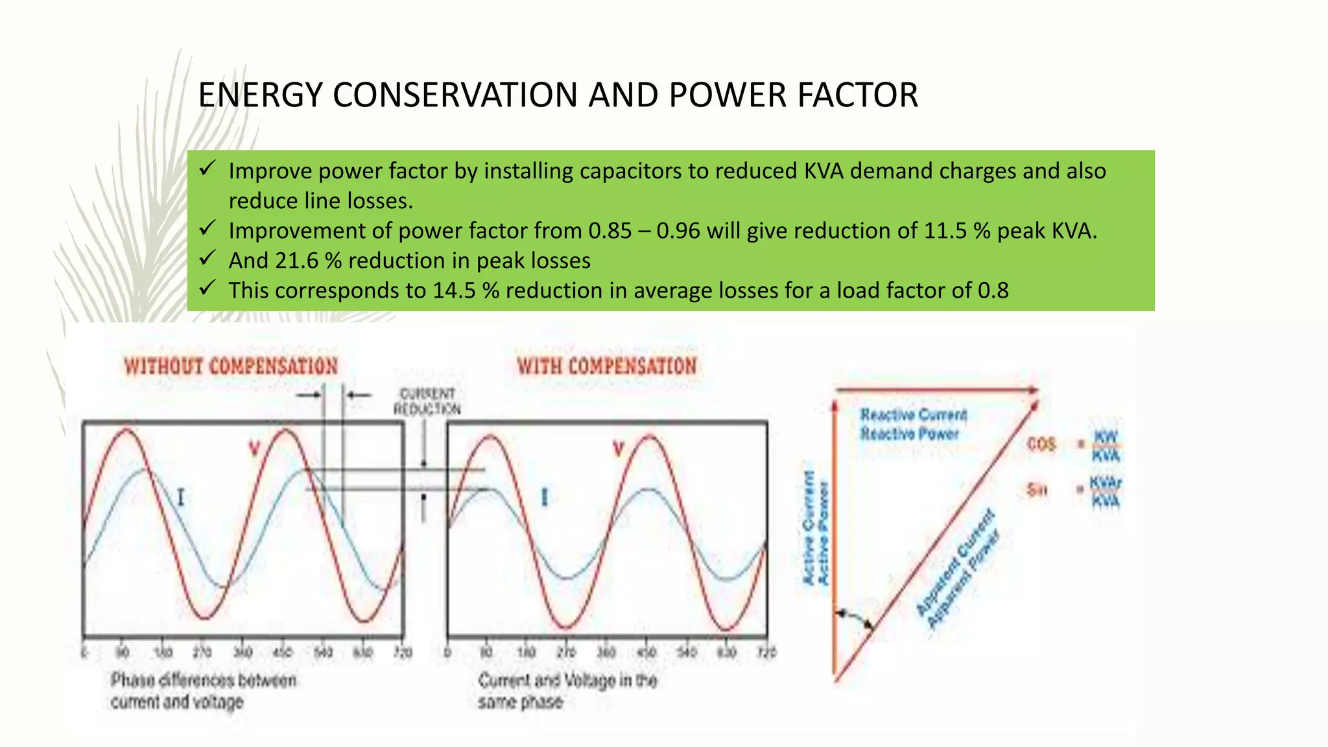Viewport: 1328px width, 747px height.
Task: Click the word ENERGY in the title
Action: click(x=260, y=95)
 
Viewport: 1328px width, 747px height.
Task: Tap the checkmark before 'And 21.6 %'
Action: click(x=207, y=259)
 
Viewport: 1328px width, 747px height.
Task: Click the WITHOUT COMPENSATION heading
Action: click(x=231, y=366)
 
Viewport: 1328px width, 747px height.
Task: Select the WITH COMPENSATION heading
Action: click(x=606, y=366)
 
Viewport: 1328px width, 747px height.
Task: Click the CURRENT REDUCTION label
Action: click(x=427, y=401)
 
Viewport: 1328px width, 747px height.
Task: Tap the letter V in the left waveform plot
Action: click(x=255, y=448)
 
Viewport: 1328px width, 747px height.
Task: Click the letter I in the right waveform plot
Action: click(x=545, y=497)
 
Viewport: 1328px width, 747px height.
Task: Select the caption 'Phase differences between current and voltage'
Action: click(x=203, y=691)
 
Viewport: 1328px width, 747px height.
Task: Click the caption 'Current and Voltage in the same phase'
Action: click(x=567, y=691)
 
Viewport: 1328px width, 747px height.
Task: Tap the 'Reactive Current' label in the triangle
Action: click(x=913, y=415)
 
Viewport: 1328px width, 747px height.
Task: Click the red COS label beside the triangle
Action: click(x=1041, y=445)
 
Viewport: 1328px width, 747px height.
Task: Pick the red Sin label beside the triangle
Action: click(x=1037, y=490)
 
